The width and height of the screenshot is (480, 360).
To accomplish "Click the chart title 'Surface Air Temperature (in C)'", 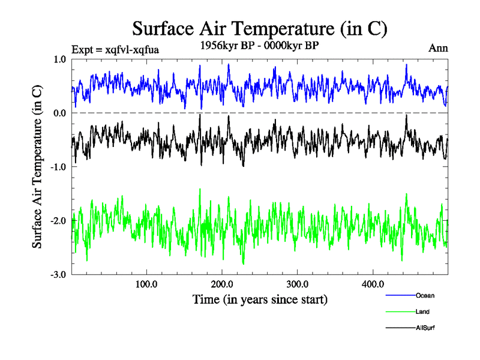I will (x=260, y=29).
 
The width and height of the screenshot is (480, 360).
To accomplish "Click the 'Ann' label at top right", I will (x=438, y=48).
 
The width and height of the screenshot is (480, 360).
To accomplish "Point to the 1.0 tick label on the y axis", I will (x=61, y=59).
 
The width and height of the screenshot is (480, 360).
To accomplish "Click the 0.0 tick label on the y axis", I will (x=61, y=113).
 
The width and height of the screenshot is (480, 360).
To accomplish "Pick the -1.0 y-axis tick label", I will (x=59, y=167).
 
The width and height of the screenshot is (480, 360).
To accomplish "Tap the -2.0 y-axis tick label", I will (x=59, y=221).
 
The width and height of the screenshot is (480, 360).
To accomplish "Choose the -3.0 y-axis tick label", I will (x=59, y=275).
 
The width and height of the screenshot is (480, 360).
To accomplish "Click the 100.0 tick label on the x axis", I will (x=146, y=284).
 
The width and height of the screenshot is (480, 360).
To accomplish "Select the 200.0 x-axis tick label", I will (x=222, y=284).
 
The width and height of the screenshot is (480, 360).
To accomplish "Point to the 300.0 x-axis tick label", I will (x=298, y=284).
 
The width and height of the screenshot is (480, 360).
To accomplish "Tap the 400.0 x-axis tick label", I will (x=373, y=284).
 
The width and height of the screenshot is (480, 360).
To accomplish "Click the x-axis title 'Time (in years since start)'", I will (x=260, y=299).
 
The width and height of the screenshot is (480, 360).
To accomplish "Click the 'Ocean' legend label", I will (x=425, y=295).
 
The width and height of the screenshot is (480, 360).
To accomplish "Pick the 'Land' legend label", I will (x=422, y=311).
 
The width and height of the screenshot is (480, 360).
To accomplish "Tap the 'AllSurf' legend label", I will (x=425, y=328).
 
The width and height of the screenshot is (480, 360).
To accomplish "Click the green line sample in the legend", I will (x=400, y=311).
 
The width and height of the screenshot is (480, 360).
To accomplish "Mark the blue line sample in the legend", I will (x=400, y=295).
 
